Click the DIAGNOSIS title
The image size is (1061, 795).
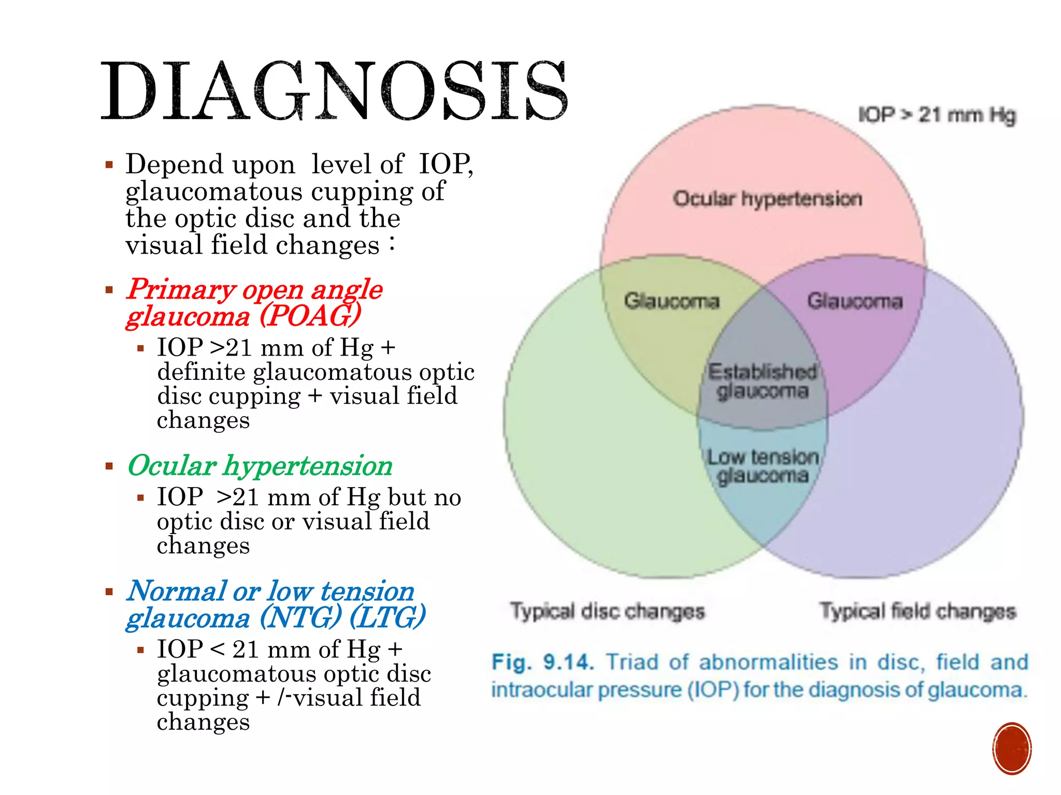(x=334, y=92)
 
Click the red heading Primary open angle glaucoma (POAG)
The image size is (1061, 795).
(x=254, y=303)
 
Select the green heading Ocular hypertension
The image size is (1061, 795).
(x=260, y=466)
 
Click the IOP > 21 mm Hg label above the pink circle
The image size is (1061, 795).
(x=937, y=115)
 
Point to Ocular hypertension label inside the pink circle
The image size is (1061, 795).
(x=767, y=199)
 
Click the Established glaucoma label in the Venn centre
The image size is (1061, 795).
(x=762, y=381)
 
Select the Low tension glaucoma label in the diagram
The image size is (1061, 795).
(x=763, y=466)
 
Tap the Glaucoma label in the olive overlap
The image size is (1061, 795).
(x=671, y=301)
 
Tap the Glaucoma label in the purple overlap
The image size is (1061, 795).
(x=855, y=301)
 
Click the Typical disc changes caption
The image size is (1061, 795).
(x=607, y=611)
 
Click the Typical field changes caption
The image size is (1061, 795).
(x=917, y=611)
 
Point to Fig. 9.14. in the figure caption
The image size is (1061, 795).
(x=542, y=662)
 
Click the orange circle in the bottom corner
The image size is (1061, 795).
(x=1012, y=748)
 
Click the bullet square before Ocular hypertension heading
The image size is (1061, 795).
(x=109, y=466)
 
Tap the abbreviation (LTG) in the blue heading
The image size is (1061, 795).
(x=388, y=617)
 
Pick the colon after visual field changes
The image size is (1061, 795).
(x=392, y=243)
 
